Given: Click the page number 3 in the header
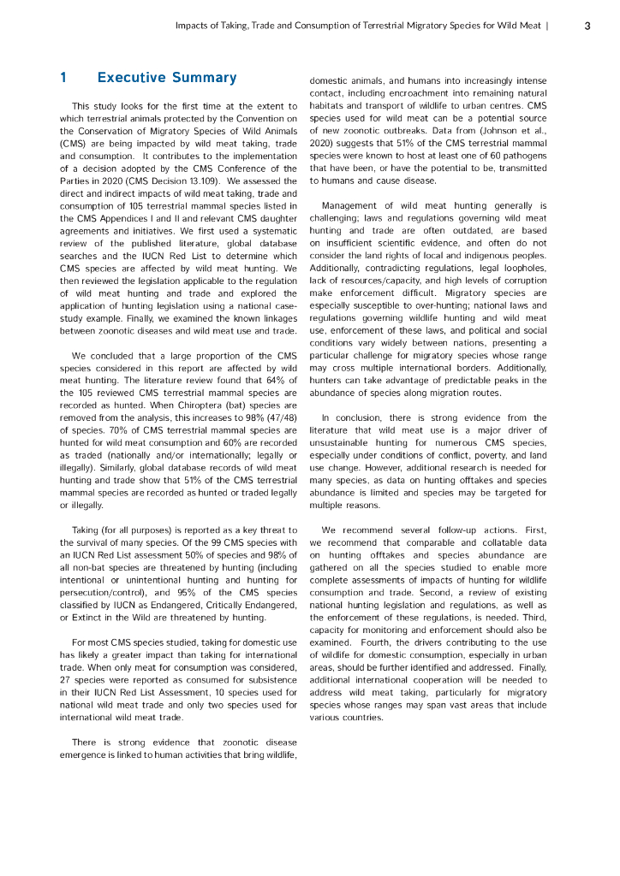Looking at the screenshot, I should tap(587, 26).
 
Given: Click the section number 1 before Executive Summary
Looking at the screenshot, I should tap(63, 78).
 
